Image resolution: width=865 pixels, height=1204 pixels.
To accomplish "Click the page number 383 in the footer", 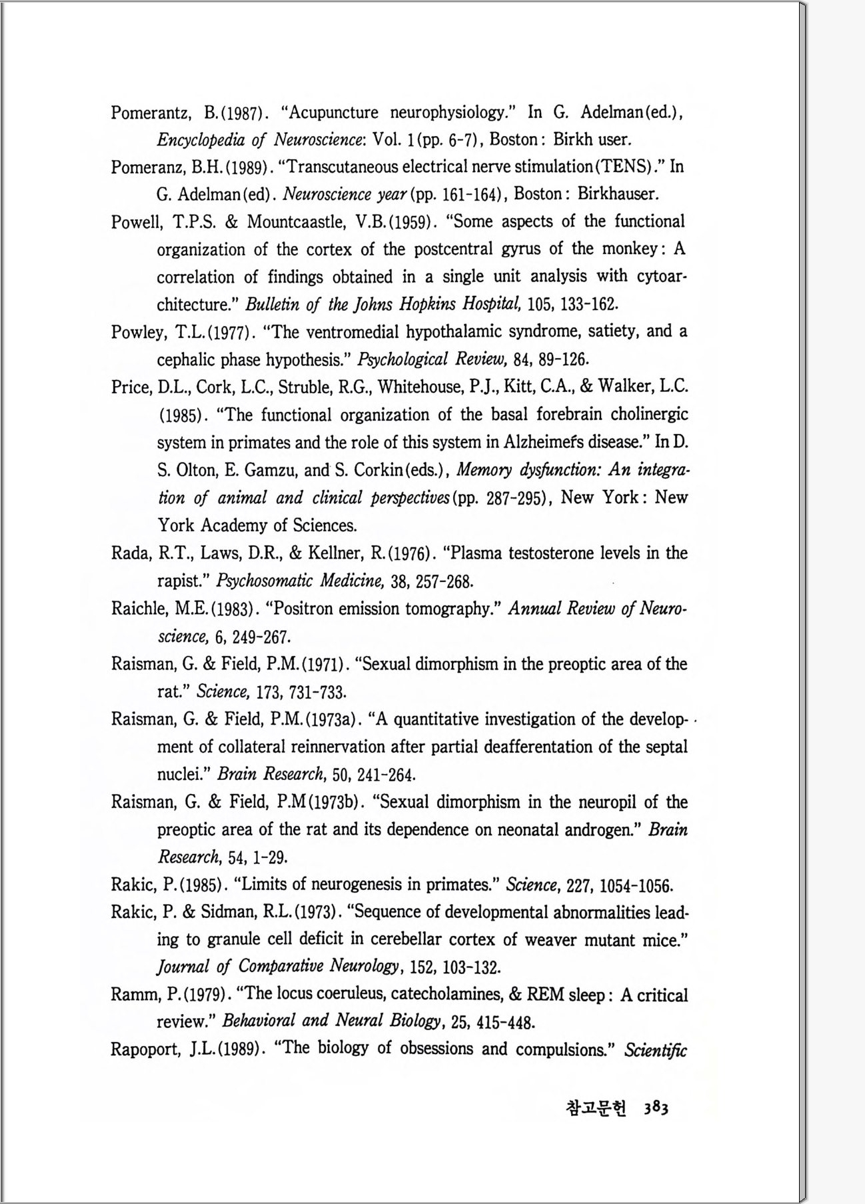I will tap(656, 1108).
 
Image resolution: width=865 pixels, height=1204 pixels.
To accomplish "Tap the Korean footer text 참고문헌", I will tap(596, 1108).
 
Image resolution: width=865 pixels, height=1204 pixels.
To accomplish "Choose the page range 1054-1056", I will tap(636, 885).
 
